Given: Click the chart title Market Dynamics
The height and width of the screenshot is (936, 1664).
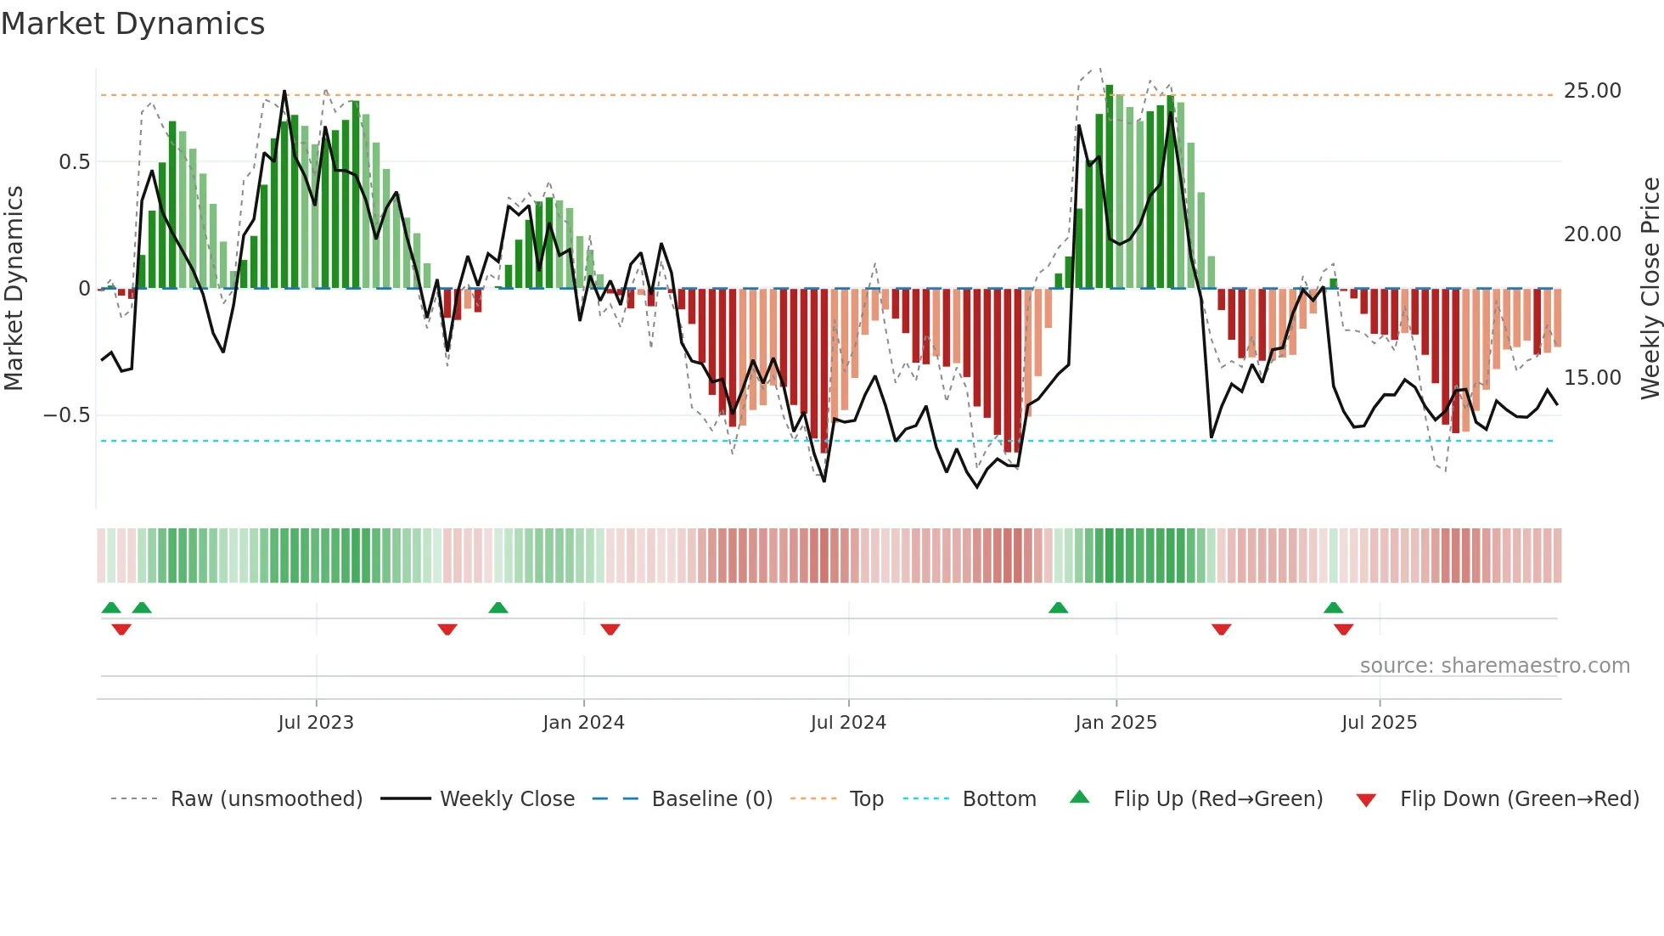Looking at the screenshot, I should pyautogui.click(x=133, y=24).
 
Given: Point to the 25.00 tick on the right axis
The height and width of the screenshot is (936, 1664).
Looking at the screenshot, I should pyautogui.click(x=1592, y=91).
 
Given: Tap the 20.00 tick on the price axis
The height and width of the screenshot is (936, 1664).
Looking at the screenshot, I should pyautogui.click(x=1592, y=234).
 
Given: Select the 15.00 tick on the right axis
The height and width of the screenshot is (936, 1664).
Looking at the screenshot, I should pyautogui.click(x=1592, y=378).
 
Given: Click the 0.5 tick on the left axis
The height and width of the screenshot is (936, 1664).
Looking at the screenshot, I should pyautogui.click(x=74, y=162).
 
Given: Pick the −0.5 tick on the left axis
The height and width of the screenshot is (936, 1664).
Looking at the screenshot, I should pyautogui.click(x=67, y=415).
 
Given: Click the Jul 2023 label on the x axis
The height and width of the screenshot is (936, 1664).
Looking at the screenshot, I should pyautogui.click(x=316, y=723).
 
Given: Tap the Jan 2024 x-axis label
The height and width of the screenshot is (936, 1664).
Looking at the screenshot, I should pyautogui.click(x=583, y=723).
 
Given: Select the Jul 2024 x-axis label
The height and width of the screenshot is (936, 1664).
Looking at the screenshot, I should pyautogui.click(x=848, y=723).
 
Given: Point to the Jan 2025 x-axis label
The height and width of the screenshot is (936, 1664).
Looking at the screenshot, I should pyautogui.click(x=1116, y=723).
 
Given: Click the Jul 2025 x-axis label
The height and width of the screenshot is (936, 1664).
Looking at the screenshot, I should pyautogui.click(x=1379, y=723).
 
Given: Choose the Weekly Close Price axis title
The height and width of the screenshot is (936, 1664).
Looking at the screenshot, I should pyautogui.click(x=1650, y=289).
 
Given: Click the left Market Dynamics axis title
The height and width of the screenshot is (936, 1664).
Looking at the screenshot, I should pyautogui.click(x=14, y=289).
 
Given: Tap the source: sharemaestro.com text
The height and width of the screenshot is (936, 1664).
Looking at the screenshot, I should pyautogui.click(x=1494, y=666).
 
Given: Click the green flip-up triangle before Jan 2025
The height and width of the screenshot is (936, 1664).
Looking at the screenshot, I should pyautogui.click(x=1058, y=608).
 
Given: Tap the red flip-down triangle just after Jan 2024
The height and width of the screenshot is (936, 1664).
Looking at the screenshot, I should pyautogui.click(x=610, y=629).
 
